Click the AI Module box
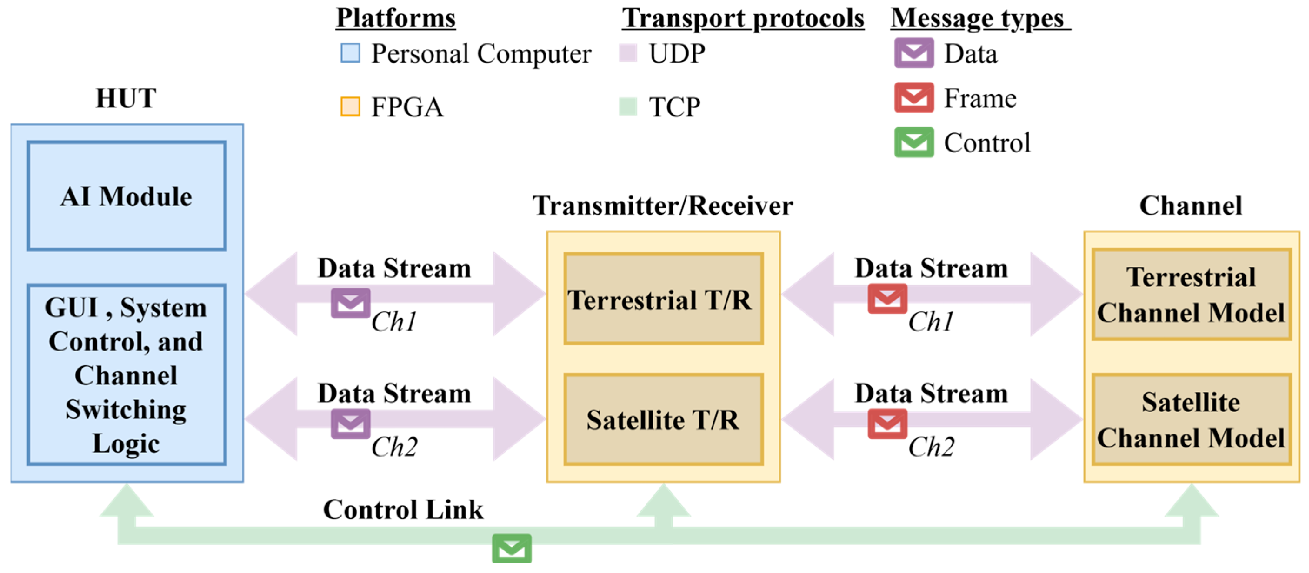(x=127, y=196)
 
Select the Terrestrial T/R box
(x=663, y=299)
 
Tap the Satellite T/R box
(x=663, y=420)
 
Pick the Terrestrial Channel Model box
(x=1191, y=295)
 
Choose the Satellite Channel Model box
(x=1191, y=420)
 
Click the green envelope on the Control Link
(x=511, y=548)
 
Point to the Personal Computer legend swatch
(x=350, y=53)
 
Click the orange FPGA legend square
(x=350, y=107)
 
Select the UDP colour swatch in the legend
(x=628, y=53)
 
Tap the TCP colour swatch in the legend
(x=628, y=107)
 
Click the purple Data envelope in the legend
(x=914, y=53)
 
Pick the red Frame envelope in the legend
(x=914, y=98)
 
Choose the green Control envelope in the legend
(x=914, y=142)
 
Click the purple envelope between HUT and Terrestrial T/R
(x=350, y=303)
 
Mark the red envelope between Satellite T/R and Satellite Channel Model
(x=887, y=424)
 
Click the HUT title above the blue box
(x=126, y=98)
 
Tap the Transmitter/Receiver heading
(x=663, y=206)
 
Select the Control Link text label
(x=403, y=510)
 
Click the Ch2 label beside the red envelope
(x=931, y=447)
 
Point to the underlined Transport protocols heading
(x=743, y=18)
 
